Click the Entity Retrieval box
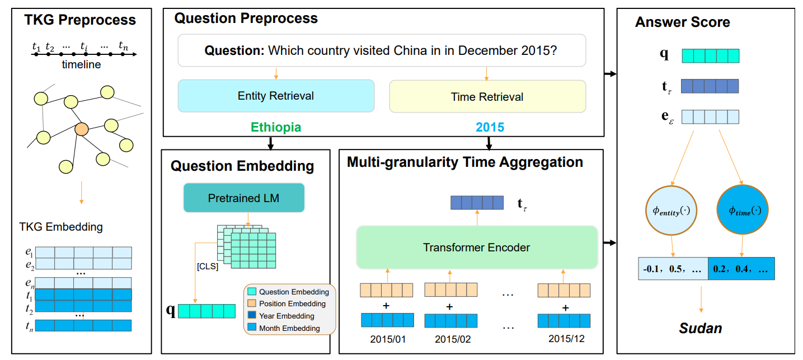point(275,96)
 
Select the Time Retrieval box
point(487,96)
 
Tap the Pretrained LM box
point(243,198)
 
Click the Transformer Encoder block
point(476,247)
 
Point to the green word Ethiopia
point(275,128)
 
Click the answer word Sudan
point(700,328)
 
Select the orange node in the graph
point(82,129)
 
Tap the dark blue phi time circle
point(741,211)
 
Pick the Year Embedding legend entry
point(286,316)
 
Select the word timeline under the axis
point(81,65)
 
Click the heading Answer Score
point(682,22)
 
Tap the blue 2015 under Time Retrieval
point(490,128)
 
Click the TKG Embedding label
point(61,227)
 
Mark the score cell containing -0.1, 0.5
point(673,269)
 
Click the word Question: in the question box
point(234,50)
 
